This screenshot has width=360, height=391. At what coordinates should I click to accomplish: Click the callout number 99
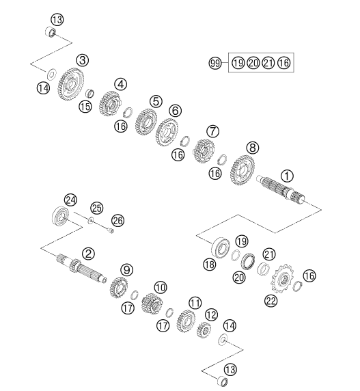(x=214, y=64)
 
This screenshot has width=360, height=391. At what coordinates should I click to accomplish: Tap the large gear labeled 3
(x=70, y=85)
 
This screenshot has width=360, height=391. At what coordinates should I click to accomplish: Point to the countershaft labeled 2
(x=81, y=269)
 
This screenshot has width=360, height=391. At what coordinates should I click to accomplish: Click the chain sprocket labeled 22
(x=283, y=278)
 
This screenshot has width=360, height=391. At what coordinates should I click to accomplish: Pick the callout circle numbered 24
(x=70, y=200)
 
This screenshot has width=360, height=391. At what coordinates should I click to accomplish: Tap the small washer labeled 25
(x=91, y=220)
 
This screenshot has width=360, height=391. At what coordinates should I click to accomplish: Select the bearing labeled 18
(x=221, y=248)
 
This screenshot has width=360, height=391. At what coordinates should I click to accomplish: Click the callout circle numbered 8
(x=252, y=148)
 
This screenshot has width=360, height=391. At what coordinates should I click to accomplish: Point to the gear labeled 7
(x=204, y=151)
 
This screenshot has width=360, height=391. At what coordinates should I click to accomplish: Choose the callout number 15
(x=85, y=107)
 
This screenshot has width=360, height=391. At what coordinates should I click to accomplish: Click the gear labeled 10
(x=152, y=304)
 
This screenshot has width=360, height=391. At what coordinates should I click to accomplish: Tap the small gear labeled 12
(x=204, y=330)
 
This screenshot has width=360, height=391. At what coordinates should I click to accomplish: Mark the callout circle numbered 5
(x=156, y=101)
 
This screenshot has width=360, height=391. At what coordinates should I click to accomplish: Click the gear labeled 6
(x=167, y=132)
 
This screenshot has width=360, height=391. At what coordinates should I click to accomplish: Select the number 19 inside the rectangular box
(x=238, y=63)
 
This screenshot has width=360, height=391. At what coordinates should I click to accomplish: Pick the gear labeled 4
(x=109, y=103)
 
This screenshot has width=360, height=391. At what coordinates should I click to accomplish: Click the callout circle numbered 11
(x=195, y=304)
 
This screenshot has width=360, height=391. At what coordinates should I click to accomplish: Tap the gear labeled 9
(x=119, y=287)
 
